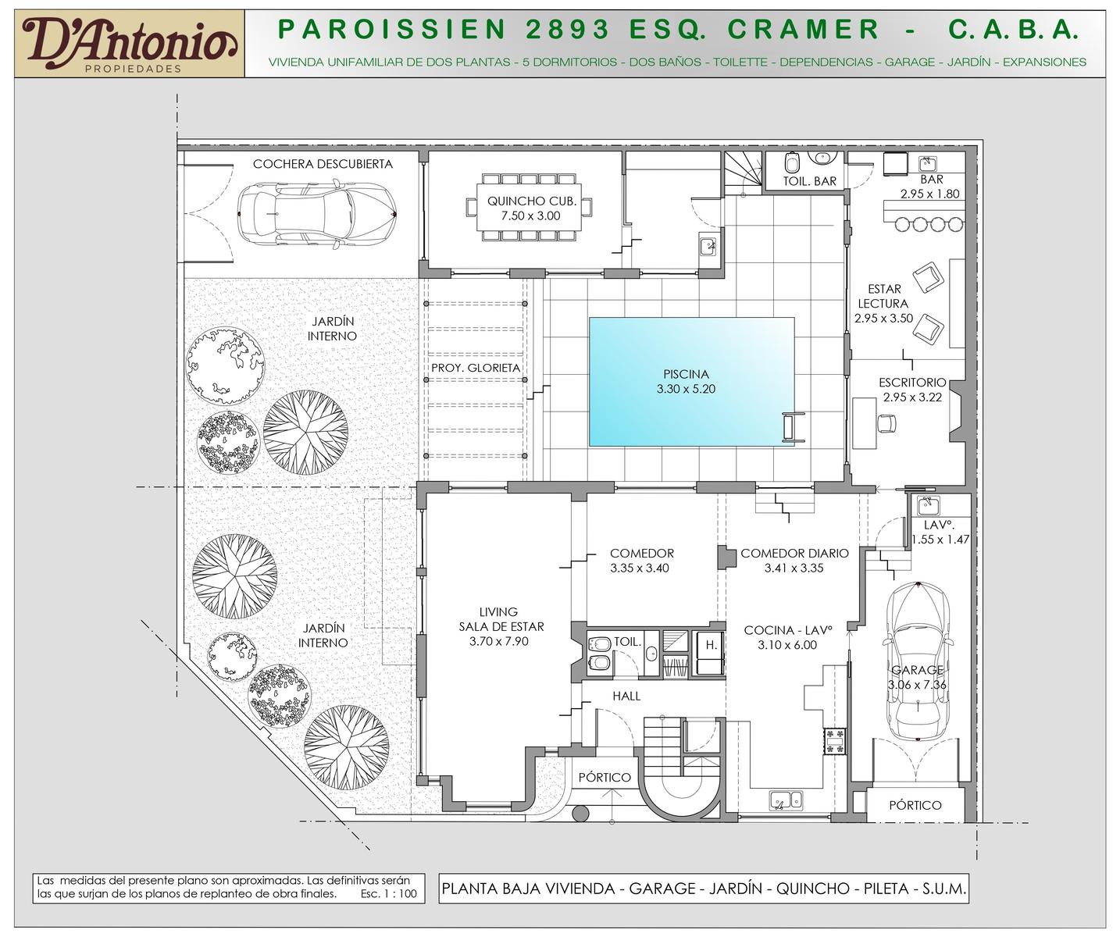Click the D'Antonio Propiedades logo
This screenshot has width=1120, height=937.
[x=130, y=44]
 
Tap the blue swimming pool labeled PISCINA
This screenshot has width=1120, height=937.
[x=691, y=381]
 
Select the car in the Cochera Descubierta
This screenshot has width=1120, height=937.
[x=316, y=213]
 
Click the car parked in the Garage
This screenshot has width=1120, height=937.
[x=917, y=662]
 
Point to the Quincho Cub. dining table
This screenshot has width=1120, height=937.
[x=530, y=207]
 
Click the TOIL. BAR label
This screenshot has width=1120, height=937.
[x=809, y=181]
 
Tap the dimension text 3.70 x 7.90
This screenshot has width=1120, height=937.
[x=499, y=641]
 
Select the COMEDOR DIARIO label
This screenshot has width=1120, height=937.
[x=794, y=553]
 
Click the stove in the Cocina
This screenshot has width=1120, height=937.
[x=835, y=741]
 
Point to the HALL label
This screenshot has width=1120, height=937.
[x=626, y=696]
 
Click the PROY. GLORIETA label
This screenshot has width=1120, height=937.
[x=476, y=368]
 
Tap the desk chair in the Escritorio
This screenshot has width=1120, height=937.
[x=886, y=423]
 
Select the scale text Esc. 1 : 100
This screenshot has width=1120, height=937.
[x=388, y=894]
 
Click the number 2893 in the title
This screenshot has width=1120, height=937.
[x=568, y=30]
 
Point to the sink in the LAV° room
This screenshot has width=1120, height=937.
[x=927, y=506]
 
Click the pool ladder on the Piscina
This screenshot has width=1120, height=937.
[x=794, y=427]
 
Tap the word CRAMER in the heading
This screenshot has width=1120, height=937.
[x=804, y=30]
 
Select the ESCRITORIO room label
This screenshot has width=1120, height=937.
[x=912, y=383]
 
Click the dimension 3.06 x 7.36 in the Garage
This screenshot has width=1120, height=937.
[x=917, y=685]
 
